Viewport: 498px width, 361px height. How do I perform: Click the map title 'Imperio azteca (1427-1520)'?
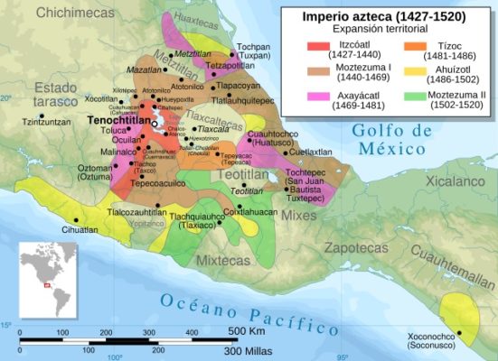383,16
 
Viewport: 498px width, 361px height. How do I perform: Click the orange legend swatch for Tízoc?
407,46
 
